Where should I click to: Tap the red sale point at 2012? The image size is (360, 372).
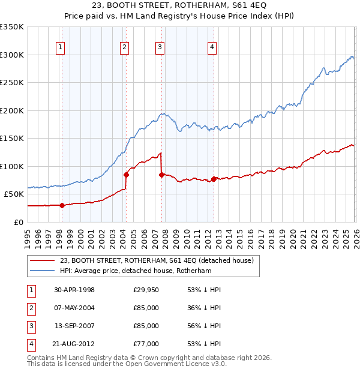[x=214, y=179]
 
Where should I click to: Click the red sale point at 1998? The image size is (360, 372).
[x=62, y=205]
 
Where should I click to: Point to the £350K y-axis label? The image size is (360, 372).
[x=12, y=27]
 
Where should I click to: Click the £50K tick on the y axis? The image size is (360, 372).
[x=14, y=194]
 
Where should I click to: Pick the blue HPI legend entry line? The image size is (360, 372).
[x=41, y=271]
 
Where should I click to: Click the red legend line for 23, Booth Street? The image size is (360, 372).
[x=41, y=260]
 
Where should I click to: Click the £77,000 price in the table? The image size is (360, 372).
[x=146, y=344]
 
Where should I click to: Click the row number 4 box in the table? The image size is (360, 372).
[x=31, y=344]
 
